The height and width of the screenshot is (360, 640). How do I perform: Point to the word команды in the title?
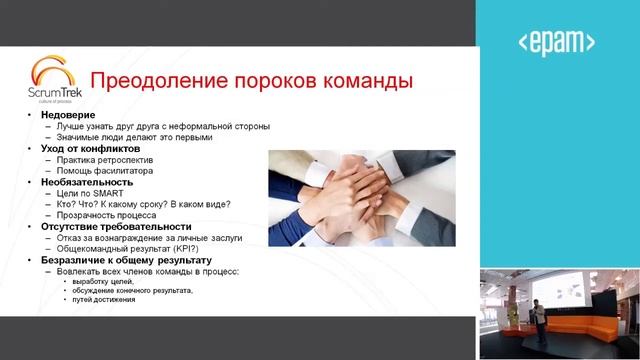click(x=362, y=80)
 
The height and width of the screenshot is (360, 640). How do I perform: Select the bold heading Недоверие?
click(x=69, y=115)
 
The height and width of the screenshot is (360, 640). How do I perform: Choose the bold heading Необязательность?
click(x=87, y=182)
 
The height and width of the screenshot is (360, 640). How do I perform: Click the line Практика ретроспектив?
click(x=116, y=160)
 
